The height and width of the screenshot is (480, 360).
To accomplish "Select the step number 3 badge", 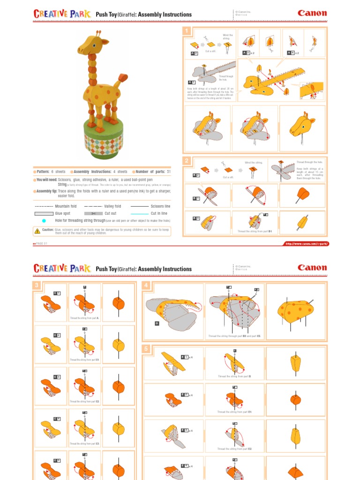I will click(x=36, y=286).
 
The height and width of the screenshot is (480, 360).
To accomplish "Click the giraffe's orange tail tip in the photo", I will click(x=123, y=77).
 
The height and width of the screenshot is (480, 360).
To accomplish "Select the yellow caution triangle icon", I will click(x=37, y=230).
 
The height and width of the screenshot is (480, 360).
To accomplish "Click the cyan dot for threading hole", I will click(x=44, y=220).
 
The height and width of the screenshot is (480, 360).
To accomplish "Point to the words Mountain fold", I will click(x=66, y=206).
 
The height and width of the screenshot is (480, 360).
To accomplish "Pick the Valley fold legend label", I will click(x=112, y=206).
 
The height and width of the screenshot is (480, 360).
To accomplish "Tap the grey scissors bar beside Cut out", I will click(x=93, y=213).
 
